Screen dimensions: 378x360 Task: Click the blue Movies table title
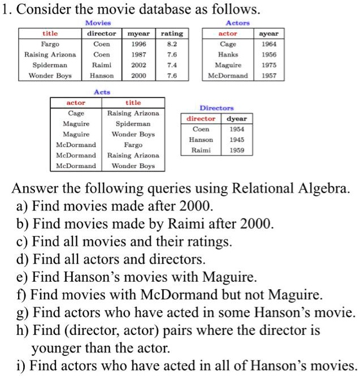point(98,23)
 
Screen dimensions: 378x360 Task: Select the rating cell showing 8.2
point(172,44)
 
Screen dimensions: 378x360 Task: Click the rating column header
point(172,34)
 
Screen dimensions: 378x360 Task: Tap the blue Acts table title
point(102,92)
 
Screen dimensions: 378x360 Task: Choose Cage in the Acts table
point(76,113)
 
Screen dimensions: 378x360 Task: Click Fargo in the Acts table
point(133,145)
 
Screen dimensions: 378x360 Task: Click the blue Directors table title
point(216,108)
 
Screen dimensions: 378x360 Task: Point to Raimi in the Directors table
point(201,151)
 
